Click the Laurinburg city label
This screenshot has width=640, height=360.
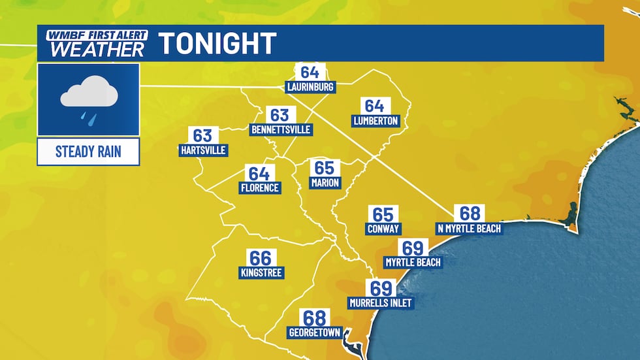[310, 87]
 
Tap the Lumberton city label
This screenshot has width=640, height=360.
[376, 121]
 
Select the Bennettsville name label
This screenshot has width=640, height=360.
[281, 130]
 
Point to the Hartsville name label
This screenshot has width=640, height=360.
[202, 150]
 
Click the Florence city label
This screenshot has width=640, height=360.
[259, 188]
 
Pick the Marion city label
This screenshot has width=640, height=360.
[325, 183]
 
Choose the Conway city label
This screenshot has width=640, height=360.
[383, 229]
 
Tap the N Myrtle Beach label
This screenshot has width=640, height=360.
[470, 229]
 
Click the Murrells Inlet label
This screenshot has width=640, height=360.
[381, 303]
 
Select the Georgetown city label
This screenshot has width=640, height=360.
[315, 333]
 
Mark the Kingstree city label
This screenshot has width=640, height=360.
[261, 272]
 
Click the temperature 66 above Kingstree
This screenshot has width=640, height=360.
[259, 257]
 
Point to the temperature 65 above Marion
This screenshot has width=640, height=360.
[325, 168]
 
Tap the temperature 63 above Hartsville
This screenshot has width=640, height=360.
[202, 135]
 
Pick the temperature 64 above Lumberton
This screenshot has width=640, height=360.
[374, 106]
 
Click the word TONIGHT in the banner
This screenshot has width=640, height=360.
[217, 44]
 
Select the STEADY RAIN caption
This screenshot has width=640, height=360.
[88, 152]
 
